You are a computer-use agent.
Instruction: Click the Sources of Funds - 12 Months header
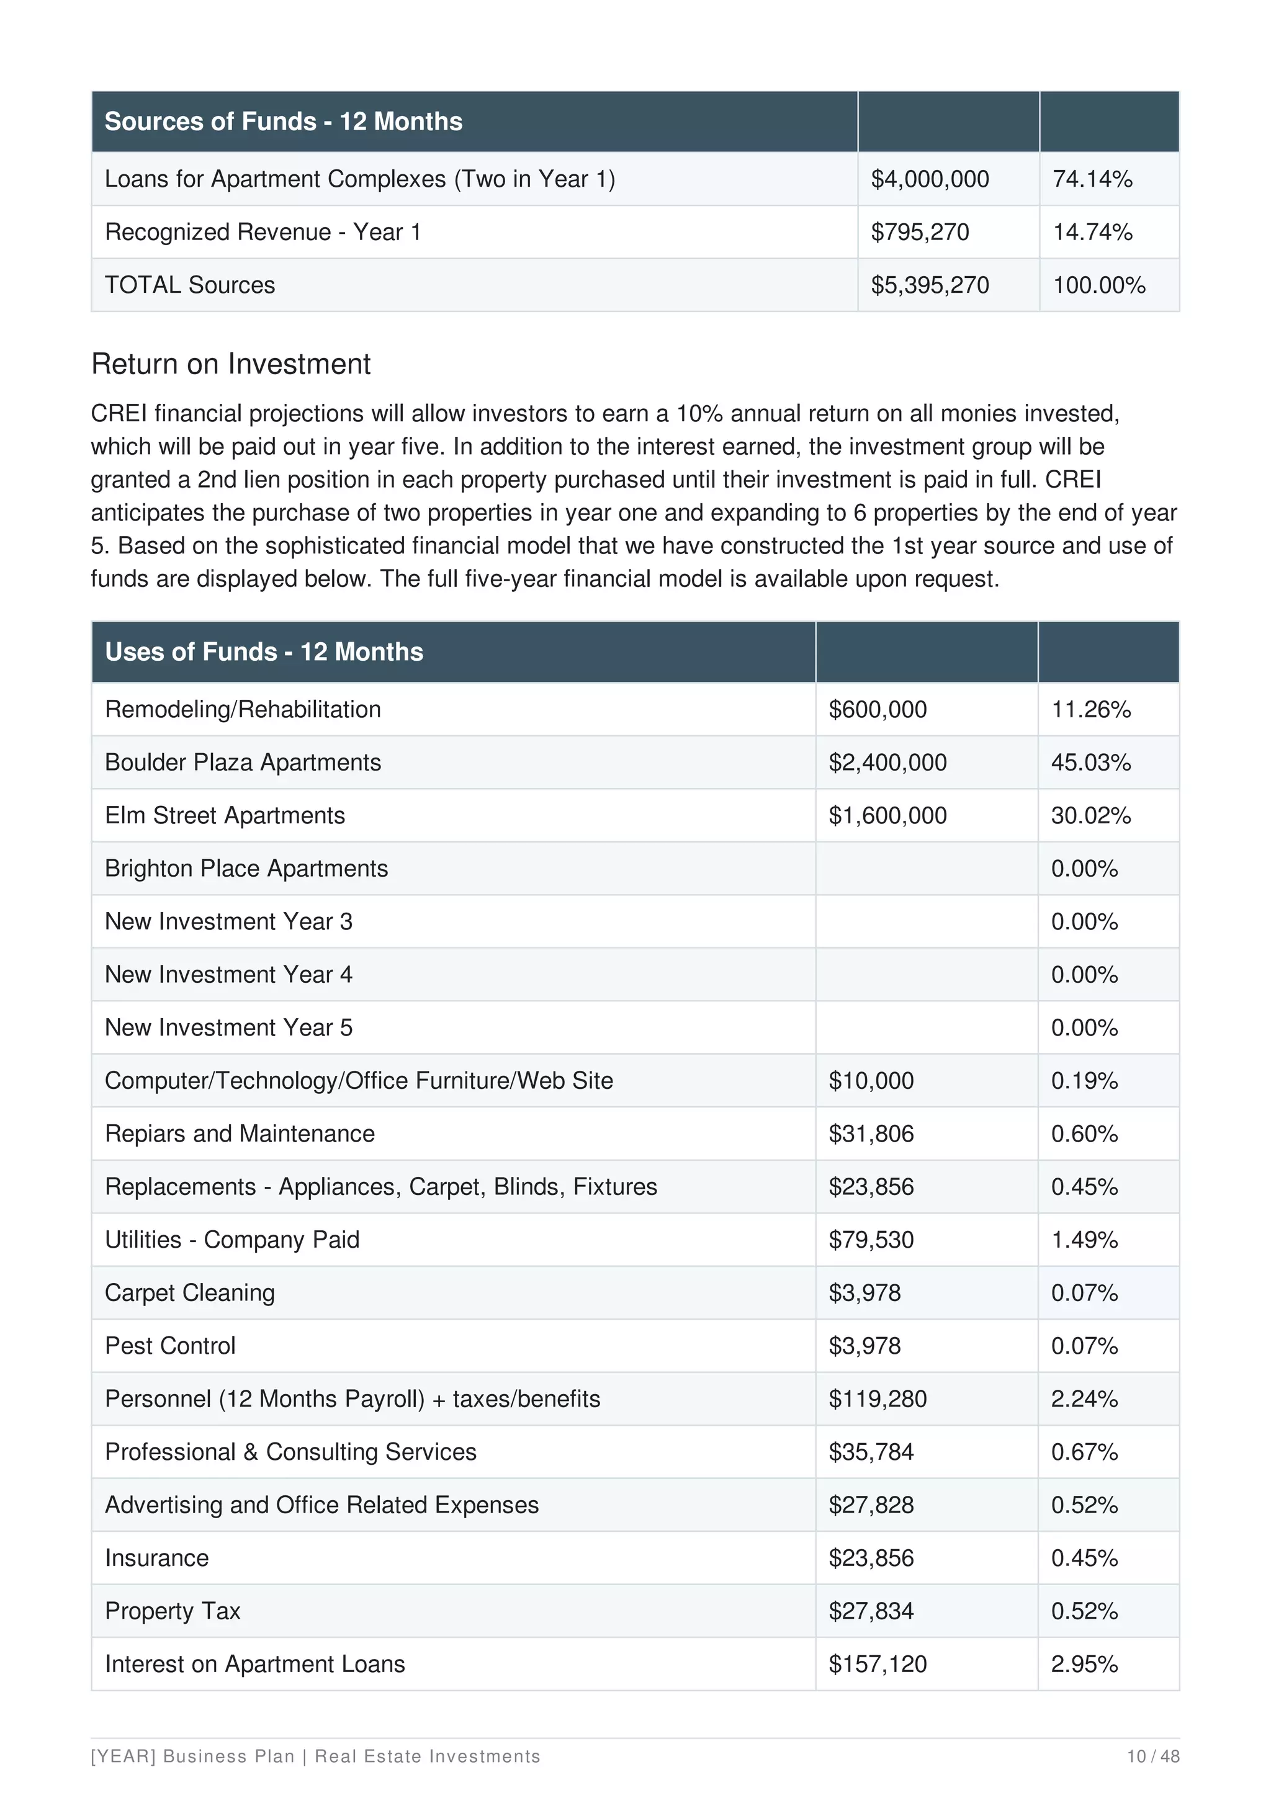[x=283, y=122]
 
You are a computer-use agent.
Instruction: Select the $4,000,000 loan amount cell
[x=930, y=179]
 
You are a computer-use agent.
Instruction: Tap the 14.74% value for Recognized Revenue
[x=1092, y=233]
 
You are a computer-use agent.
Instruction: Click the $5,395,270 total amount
[x=930, y=285]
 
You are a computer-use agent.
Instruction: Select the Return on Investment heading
[x=230, y=364]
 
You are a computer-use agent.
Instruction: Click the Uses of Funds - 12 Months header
[x=264, y=651]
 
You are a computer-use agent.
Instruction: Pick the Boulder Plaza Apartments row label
[x=243, y=763]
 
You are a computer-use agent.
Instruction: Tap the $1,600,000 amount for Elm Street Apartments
[x=887, y=816]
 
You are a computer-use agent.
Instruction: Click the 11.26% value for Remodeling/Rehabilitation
[x=1090, y=710]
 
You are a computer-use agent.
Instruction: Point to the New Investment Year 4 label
[x=228, y=975]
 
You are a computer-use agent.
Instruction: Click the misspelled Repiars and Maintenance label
[x=240, y=1134]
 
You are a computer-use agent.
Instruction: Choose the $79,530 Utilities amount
[x=871, y=1240]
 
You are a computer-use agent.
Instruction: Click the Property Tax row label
[x=173, y=1611]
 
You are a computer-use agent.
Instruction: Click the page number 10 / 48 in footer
[x=1152, y=1756]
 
